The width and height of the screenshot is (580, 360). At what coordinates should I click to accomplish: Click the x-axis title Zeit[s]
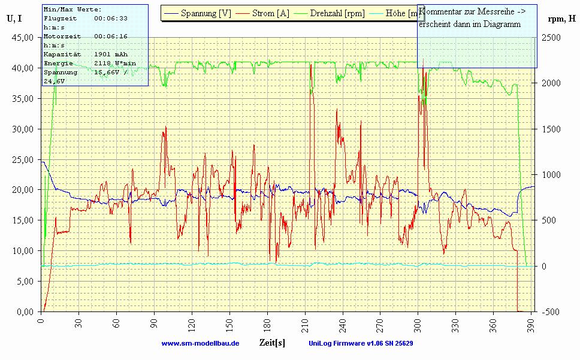tap(272, 343)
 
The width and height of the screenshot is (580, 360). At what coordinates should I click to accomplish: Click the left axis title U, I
tap(14, 19)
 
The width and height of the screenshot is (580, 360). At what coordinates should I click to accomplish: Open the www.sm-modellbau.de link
tap(200, 344)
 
